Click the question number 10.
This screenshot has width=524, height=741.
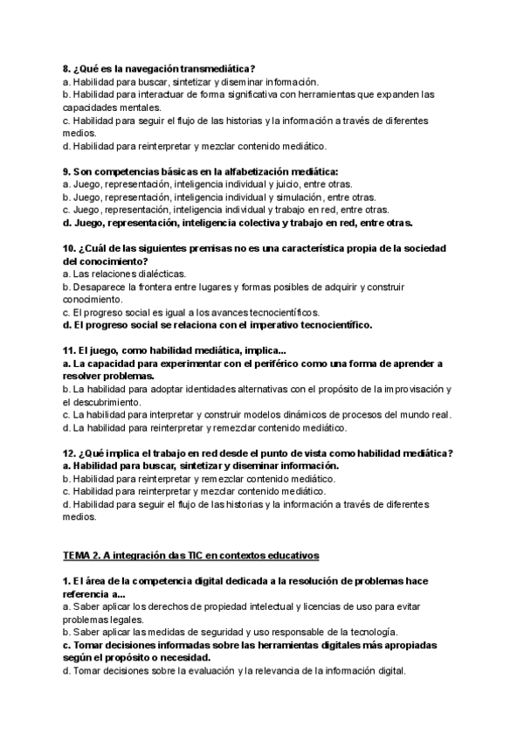pos(70,248)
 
